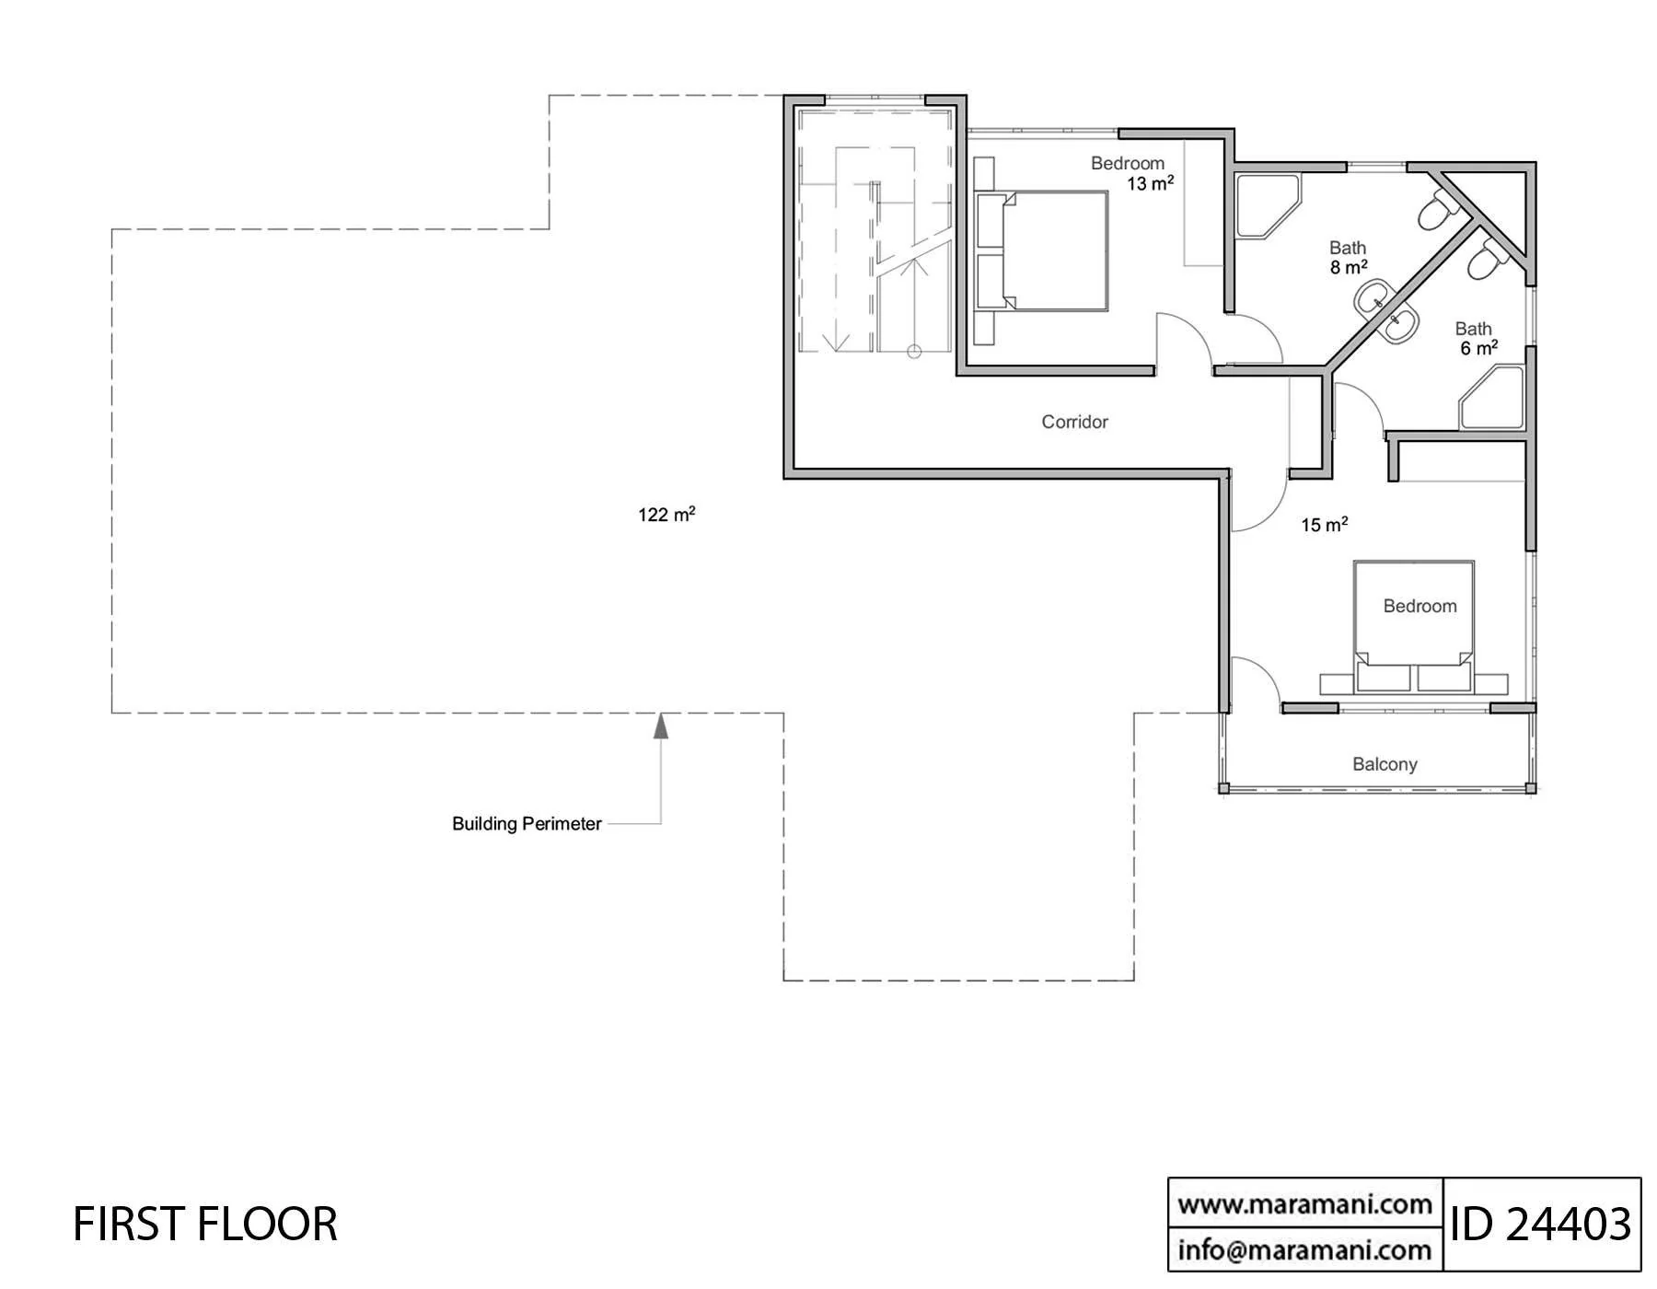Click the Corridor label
tap(1074, 422)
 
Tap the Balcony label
tap(1385, 764)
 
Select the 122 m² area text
tap(666, 514)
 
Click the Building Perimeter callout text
tap(527, 824)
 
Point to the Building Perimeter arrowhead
tap(660, 726)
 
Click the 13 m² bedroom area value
tap(1151, 183)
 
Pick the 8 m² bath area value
tap(1349, 267)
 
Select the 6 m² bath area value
tap(1478, 348)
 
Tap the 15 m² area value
tap(1325, 525)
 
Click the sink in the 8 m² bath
tap(1374, 297)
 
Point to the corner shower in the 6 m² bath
tap(1492, 398)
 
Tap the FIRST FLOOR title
tap(205, 1225)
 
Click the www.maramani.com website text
tap(1304, 1204)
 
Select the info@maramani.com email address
tap(1304, 1250)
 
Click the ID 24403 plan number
tap(1541, 1225)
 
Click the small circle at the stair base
tap(914, 352)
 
